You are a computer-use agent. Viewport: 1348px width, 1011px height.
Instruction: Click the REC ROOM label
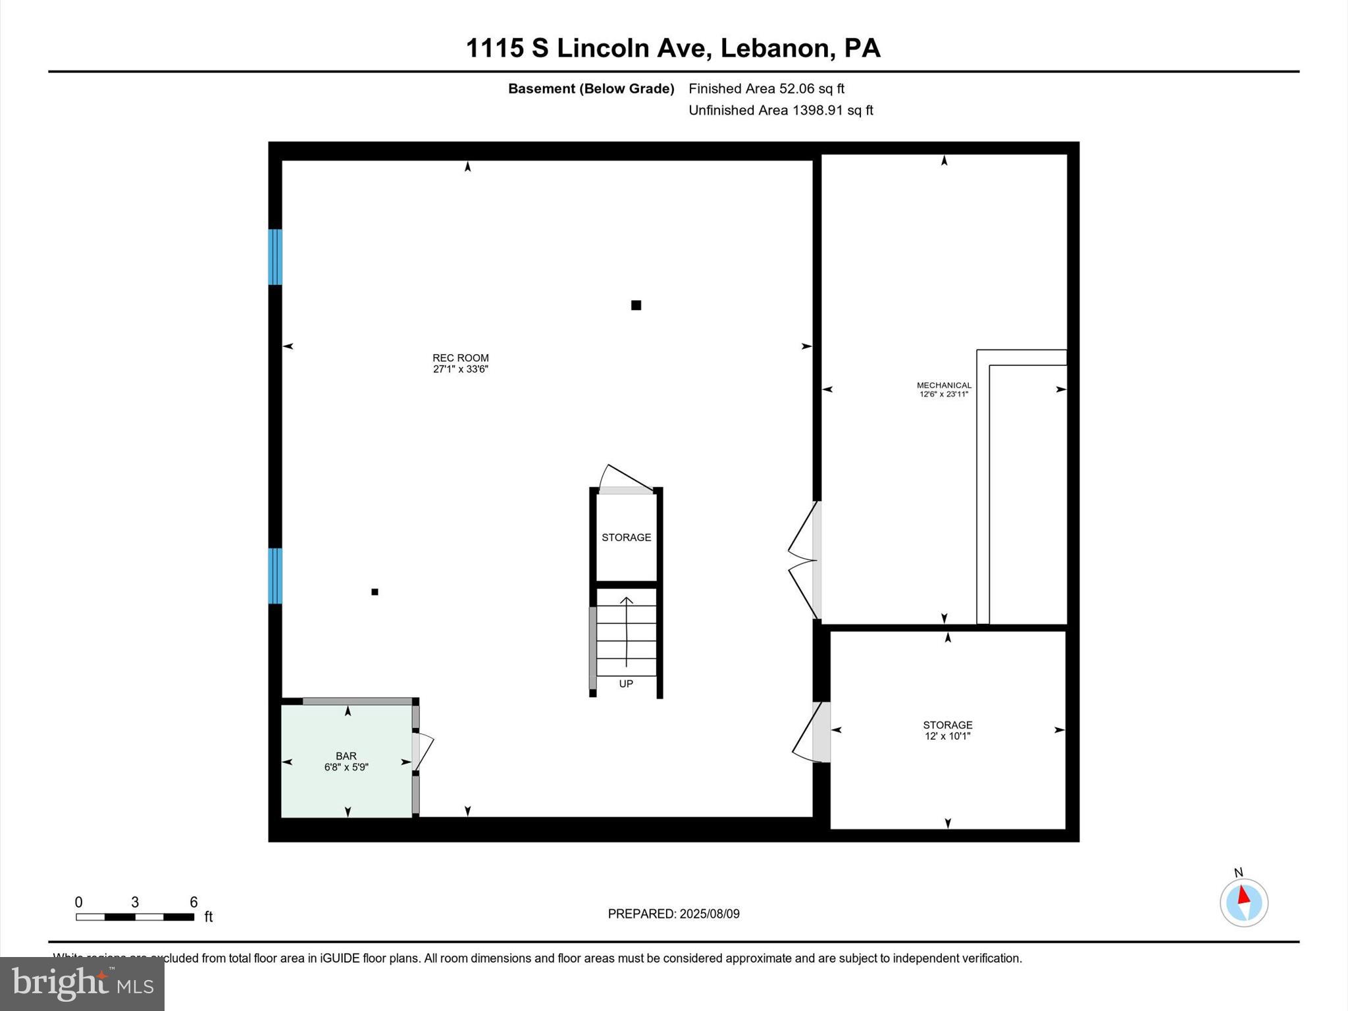coord(460,358)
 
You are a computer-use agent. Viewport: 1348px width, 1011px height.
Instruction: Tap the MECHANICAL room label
coord(944,385)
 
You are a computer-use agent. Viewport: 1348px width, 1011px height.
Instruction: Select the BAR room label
coord(346,756)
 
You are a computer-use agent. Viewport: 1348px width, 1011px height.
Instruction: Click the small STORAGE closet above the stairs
coord(626,537)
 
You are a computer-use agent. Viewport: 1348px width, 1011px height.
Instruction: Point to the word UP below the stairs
coord(626,684)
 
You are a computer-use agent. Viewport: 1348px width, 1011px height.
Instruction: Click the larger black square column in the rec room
coord(636,305)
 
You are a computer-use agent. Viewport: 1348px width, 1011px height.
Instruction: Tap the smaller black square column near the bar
coord(375,592)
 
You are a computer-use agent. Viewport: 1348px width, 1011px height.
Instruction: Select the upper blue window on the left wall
coord(275,257)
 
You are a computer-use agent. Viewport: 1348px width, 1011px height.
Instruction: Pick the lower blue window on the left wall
coord(275,575)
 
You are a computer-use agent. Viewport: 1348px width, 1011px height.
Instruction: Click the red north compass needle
coord(1243,895)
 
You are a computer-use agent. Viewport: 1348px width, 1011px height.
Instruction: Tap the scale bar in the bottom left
coord(135,917)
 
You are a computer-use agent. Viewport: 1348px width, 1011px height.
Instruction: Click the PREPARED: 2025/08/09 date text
coord(673,914)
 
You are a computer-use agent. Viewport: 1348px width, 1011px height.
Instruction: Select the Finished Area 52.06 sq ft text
coord(766,88)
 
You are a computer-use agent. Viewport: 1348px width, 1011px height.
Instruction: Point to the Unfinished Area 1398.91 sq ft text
coord(781,110)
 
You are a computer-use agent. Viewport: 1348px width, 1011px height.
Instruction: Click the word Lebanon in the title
coord(774,48)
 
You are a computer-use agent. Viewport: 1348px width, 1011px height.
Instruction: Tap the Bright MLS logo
coord(82,983)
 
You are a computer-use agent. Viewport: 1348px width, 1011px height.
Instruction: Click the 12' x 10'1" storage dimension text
coord(947,736)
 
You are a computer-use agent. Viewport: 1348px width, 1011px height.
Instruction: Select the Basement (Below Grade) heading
coord(591,88)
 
